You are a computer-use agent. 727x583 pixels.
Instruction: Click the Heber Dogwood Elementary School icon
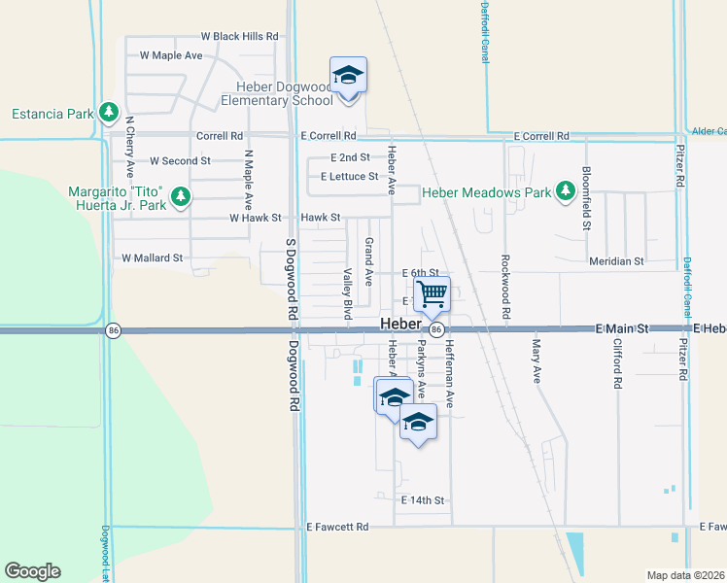349,74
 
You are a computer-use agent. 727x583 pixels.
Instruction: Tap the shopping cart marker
432,292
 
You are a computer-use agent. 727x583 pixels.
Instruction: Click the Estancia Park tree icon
108,114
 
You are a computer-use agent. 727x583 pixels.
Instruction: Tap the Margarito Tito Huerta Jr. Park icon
180,198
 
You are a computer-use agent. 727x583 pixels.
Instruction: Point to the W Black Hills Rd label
239,36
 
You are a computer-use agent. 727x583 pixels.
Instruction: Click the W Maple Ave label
171,55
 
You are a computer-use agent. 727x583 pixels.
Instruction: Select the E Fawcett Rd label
337,527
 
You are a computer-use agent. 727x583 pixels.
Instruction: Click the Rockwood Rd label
505,287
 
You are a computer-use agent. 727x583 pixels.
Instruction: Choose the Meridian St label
616,261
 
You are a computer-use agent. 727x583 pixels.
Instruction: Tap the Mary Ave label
536,360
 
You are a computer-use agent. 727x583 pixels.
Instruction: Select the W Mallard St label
152,257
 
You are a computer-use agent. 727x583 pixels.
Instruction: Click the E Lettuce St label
349,176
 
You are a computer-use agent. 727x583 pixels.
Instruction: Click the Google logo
32,571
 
